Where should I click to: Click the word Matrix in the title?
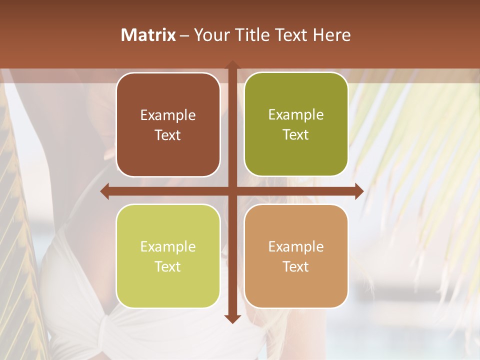coord(148,35)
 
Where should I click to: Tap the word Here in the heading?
coord(331,35)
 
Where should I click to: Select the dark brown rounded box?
coord(168,124)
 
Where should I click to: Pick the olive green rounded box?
coord(296,124)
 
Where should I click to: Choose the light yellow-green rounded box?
coord(168,256)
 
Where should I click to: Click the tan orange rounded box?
coord(296,256)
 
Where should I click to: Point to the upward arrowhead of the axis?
coord(231,65)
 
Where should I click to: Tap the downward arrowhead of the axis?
coord(231,318)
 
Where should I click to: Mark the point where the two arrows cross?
coord(231,191)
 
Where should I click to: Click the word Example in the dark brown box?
coord(168,115)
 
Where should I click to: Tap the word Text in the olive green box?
coord(296,135)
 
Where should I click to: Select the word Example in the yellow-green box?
coord(168,247)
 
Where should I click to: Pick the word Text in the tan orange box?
coord(296,266)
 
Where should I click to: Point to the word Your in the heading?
coord(210,35)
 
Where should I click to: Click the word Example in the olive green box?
coord(296,115)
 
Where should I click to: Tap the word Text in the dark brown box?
coord(168,135)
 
